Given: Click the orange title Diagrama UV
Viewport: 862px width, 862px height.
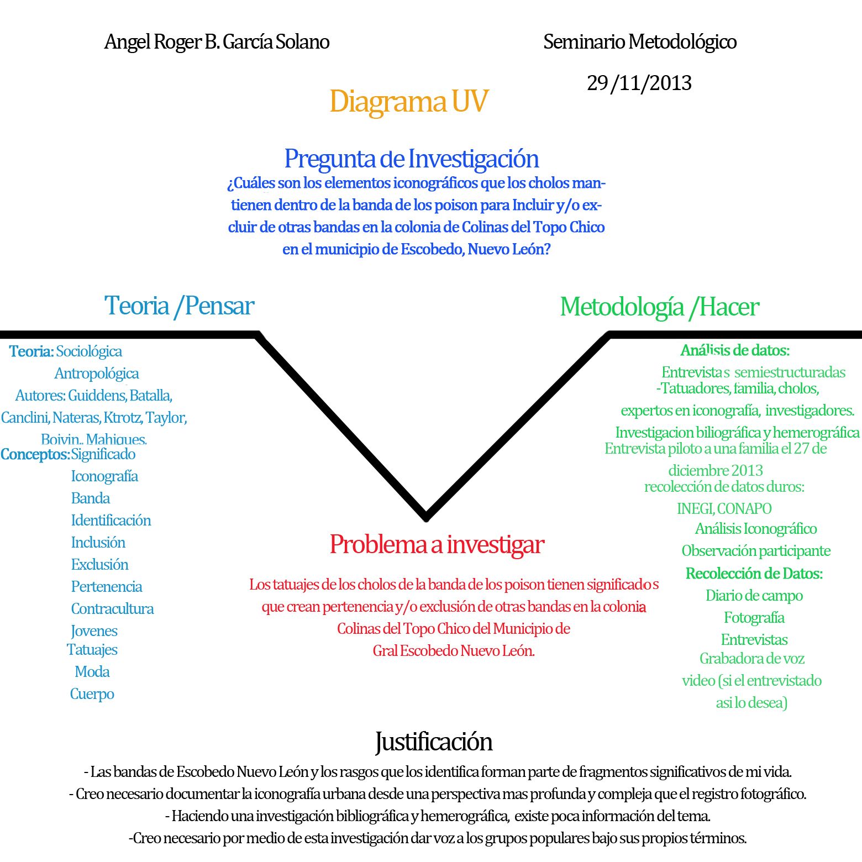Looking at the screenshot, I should [x=409, y=102].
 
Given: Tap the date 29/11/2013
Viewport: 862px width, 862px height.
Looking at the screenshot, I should [x=639, y=83].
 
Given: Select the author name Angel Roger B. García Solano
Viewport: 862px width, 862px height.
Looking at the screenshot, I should [x=217, y=42].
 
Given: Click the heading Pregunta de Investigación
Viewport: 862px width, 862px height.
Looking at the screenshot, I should [x=411, y=159].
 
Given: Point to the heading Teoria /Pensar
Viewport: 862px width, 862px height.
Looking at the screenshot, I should [x=179, y=306].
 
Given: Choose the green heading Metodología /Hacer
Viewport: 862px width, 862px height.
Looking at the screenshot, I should [x=659, y=307].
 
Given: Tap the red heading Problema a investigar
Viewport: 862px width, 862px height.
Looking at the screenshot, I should [x=437, y=545].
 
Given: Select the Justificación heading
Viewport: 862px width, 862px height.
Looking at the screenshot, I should [x=434, y=742].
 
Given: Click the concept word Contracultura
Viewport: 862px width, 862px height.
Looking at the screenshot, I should [x=112, y=609].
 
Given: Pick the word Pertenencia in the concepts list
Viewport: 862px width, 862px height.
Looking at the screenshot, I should [x=107, y=587].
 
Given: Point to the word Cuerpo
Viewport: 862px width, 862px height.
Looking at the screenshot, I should [x=92, y=694].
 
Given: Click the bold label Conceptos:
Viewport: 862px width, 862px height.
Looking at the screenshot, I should [x=35, y=454].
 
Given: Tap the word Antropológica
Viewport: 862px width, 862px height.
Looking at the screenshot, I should [x=96, y=374].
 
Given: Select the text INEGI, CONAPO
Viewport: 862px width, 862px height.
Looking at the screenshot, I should [x=724, y=508].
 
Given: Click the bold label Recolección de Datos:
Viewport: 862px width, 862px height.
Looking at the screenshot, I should [x=754, y=574].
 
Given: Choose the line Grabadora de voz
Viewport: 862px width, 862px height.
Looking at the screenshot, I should [x=751, y=659].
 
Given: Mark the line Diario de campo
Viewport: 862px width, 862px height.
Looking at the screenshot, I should [x=754, y=596].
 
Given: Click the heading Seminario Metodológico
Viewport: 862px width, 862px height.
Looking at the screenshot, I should [x=639, y=42].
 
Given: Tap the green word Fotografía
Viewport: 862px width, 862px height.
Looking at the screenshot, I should [x=754, y=618].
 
